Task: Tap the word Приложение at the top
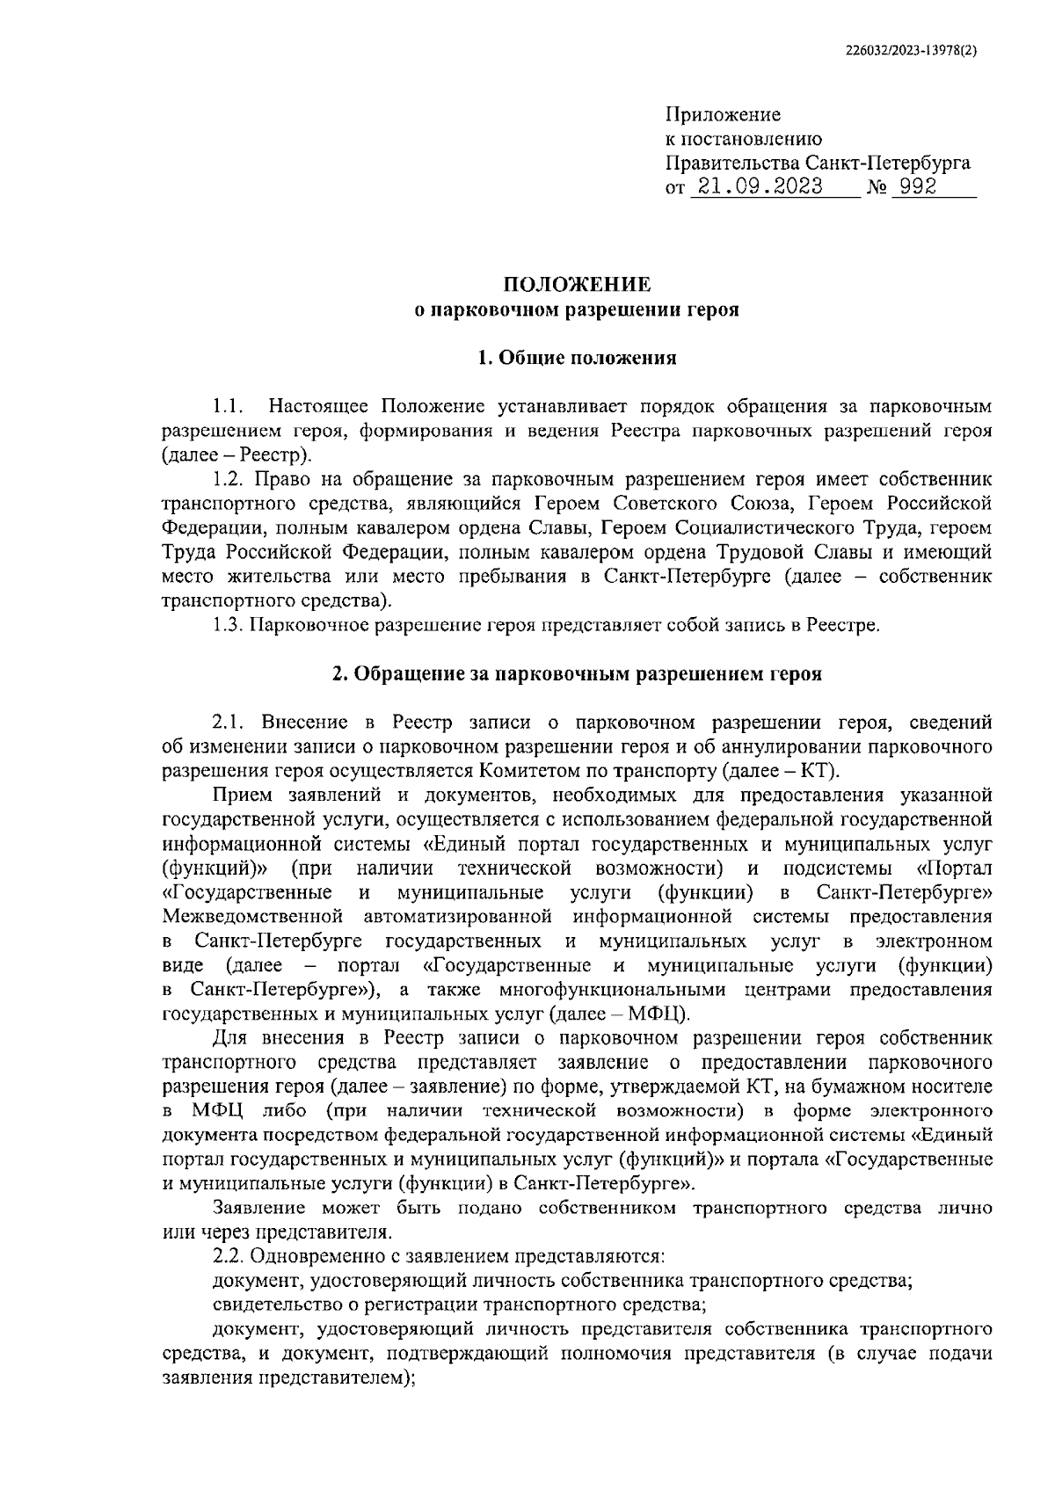coord(723,115)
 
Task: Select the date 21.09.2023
coord(756,187)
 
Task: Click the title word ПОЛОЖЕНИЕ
coord(577,285)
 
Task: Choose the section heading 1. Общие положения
coord(577,358)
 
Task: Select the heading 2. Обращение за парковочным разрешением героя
coord(577,674)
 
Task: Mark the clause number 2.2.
coord(229,1256)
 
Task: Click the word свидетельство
coord(274,1305)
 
